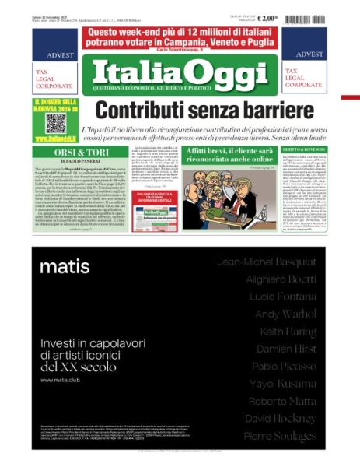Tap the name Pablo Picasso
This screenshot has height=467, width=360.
click(x=291, y=366)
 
